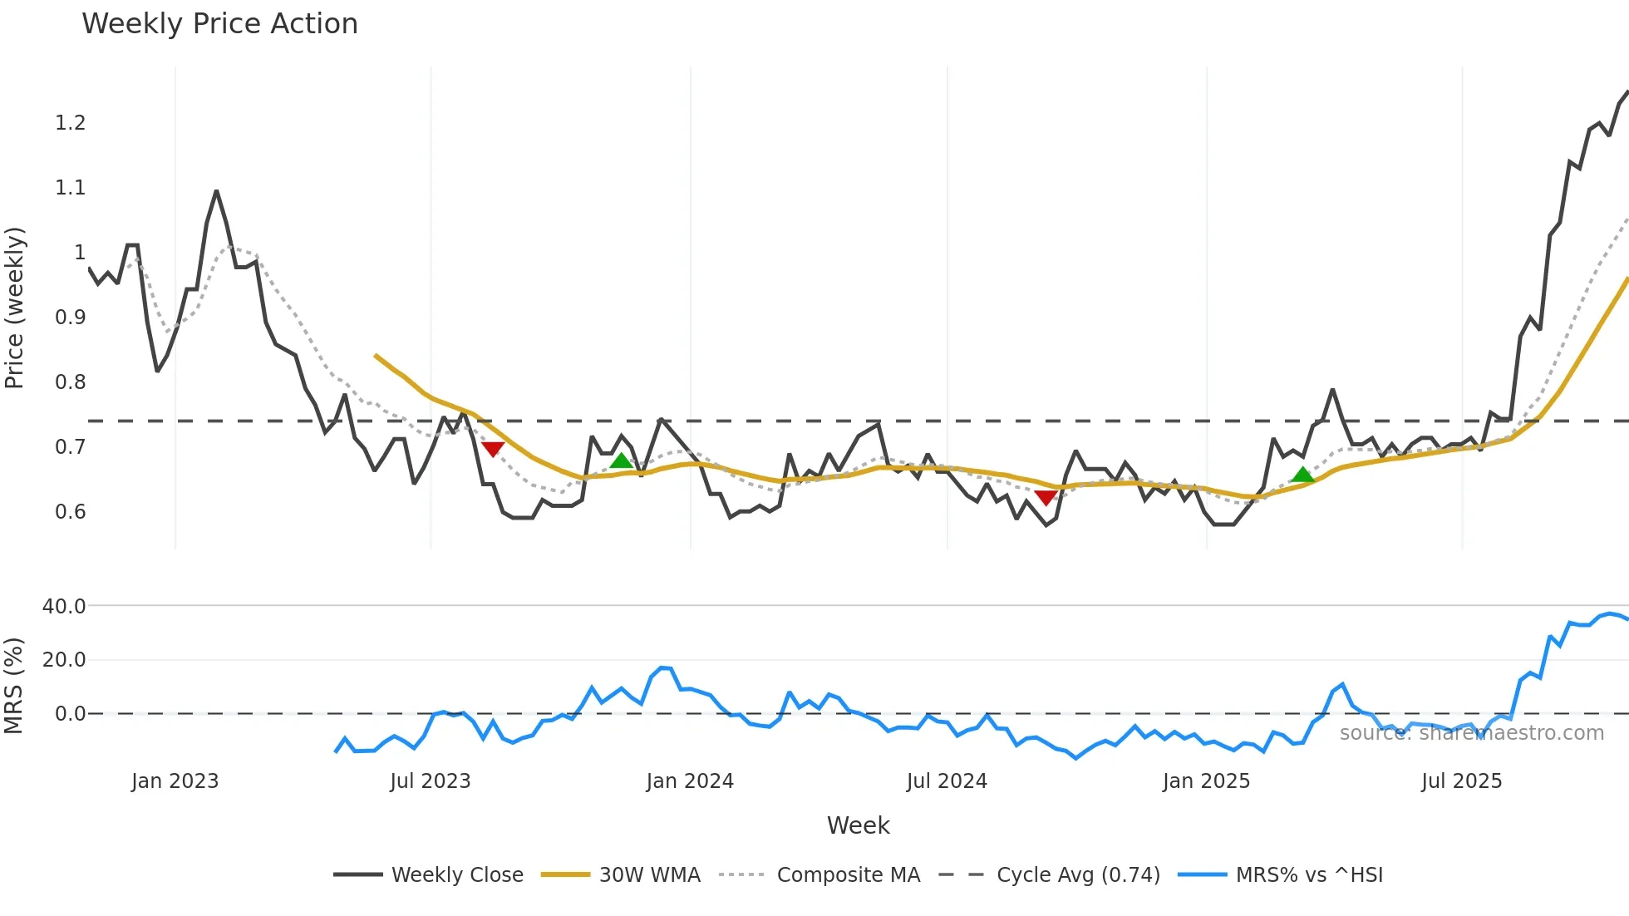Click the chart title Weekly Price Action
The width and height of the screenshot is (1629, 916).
point(219,24)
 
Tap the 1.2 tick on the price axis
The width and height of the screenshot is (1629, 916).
point(71,123)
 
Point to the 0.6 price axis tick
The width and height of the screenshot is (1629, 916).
point(71,512)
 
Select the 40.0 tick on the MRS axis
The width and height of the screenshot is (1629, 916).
point(64,607)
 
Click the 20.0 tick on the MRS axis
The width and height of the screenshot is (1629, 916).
point(64,660)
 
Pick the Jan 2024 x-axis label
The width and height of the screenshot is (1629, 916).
point(690,781)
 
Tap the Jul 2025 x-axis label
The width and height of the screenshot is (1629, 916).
point(1461,781)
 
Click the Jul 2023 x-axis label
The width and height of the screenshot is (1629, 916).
point(431,781)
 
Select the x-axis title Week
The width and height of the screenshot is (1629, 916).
point(858,825)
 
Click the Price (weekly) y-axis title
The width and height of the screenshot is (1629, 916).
point(15,308)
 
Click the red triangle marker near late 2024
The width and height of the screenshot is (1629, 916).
point(1046,497)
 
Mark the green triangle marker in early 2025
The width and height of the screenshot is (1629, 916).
point(1302,475)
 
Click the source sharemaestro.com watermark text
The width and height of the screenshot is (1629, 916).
point(1471,733)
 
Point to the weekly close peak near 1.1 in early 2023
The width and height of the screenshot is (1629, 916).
point(216,191)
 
